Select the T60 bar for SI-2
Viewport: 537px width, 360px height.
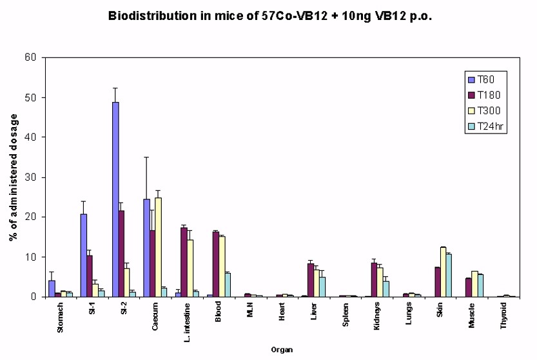[115, 199]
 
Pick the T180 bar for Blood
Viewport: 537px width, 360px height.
[215, 264]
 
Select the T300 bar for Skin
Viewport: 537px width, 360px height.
[443, 272]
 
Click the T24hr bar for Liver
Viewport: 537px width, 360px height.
[322, 287]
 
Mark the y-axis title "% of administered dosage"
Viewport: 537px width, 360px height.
[13, 176]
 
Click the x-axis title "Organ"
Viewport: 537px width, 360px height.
[281, 350]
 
